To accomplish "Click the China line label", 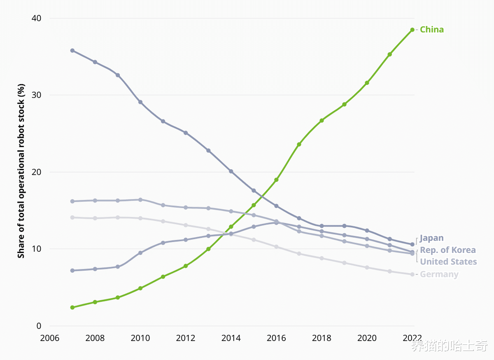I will [432, 30].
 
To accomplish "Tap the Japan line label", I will [432, 238].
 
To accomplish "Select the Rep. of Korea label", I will [447, 250].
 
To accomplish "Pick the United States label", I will [448, 262].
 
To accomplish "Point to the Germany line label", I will [439, 274].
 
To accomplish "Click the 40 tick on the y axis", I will [36, 19].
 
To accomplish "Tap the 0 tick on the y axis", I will [39, 326].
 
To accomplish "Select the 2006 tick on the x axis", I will [49, 338].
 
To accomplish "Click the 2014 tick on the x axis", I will [231, 338].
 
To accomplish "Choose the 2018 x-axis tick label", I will [322, 338].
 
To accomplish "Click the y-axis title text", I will [21, 171].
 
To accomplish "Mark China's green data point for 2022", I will [412, 30].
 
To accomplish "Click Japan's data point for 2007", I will [72, 51].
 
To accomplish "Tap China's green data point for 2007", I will [72, 307].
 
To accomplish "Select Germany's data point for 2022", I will [412, 274].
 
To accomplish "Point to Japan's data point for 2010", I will [140, 102].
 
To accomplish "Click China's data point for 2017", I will [299, 144].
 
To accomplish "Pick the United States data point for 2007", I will [72, 201].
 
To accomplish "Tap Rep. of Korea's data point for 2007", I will [72, 270].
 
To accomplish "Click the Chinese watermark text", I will [449, 346].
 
